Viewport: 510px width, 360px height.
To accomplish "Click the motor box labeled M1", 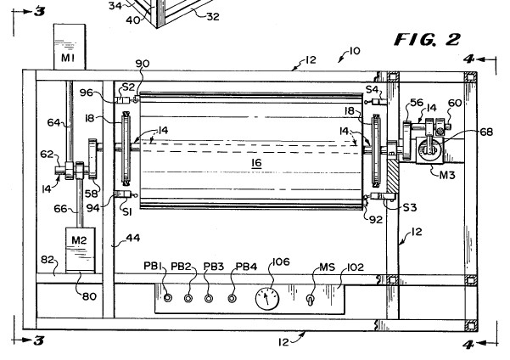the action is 70,47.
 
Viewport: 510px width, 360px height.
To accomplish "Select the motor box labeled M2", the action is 81,250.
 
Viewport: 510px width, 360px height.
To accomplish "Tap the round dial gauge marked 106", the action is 267,298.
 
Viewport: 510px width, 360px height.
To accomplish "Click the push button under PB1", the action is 168,297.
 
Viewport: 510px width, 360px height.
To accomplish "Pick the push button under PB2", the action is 188,298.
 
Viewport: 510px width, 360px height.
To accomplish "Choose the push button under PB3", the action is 209,298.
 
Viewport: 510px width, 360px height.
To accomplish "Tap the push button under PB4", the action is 232,298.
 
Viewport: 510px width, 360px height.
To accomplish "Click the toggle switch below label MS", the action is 310,300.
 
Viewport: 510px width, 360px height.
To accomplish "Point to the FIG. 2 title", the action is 428,39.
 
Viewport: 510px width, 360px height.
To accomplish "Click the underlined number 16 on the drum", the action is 256,162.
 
